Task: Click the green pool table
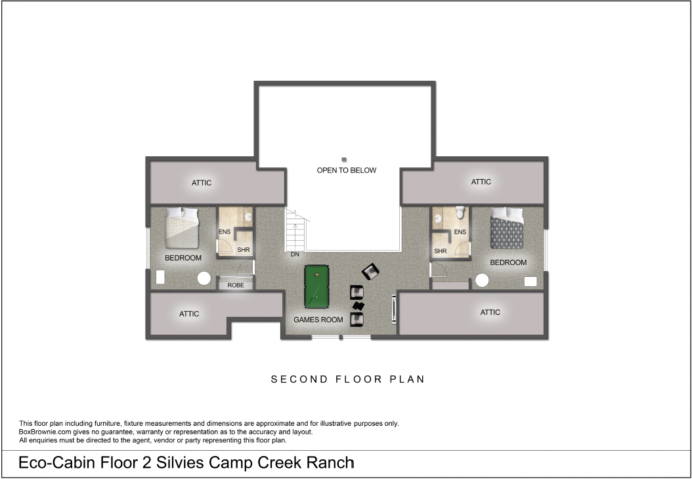click(316, 287)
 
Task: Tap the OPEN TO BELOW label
click(347, 170)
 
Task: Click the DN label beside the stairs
click(295, 255)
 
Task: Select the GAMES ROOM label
click(318, 320)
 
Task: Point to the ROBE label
click(236, 285)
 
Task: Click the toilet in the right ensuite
click(460, 213)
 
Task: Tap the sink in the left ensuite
click(248, 217)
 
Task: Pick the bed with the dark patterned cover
click(507, 228)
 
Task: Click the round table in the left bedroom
click(204, 278)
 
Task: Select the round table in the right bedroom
click(482, 280)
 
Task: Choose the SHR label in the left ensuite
click(243, 249)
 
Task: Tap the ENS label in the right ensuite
click(460, 232)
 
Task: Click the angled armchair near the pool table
click(371, 271)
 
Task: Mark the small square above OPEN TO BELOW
click(344, 159)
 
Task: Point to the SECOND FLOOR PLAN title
click(348, 379)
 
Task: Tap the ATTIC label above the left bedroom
click(202, 182)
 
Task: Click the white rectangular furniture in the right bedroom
click(530, 281)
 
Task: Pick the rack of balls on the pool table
click(316, 276)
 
